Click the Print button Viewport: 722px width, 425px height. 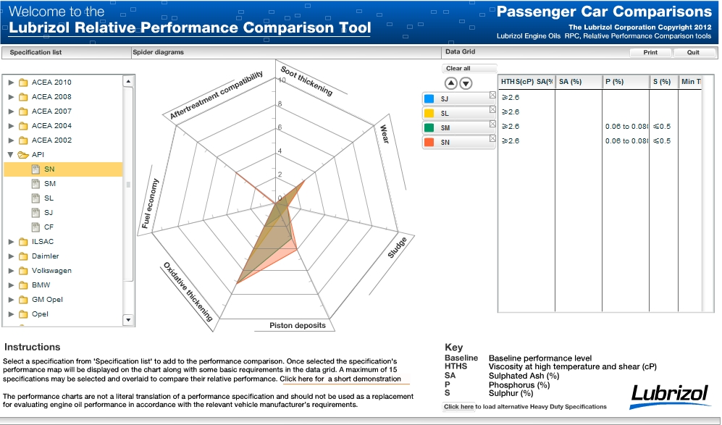(650, 53)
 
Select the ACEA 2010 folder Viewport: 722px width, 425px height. (51, 83)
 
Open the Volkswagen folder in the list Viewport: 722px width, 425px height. (51, 271)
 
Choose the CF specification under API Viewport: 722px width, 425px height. (49, 227)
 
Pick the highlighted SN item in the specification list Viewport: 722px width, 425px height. (49, 169)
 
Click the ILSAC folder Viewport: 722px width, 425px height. (42, 242)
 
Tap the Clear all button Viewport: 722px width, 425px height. (458, 69)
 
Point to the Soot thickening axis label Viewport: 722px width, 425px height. (307, 81)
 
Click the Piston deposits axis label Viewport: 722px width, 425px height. (297, 326)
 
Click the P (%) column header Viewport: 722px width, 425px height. (614, 82)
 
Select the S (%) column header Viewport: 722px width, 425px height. (661, 82)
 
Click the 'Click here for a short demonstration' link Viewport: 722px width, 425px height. (340, 379)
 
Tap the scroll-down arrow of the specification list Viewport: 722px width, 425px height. (129, 319)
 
